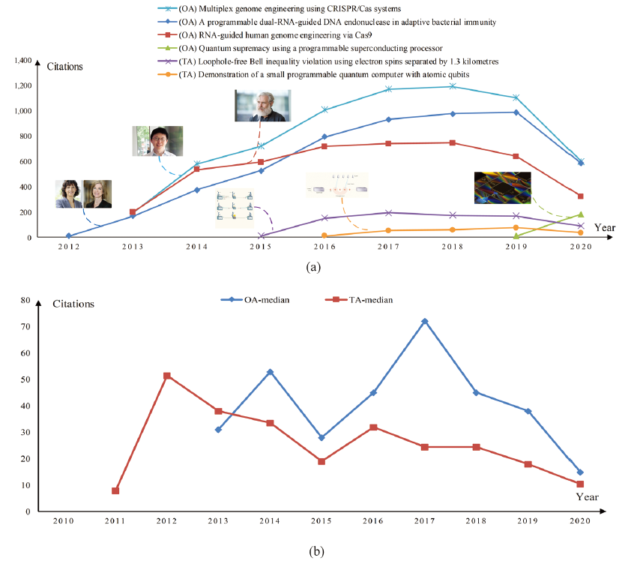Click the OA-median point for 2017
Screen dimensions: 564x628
click(x=424, y=321)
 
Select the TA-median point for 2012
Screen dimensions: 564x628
click(x=166, y=376)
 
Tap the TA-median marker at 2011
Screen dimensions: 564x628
click(x=115, y=490)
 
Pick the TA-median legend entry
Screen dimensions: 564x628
click(x=362, y=299)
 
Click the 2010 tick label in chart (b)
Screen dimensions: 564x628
click(x=63, y=520)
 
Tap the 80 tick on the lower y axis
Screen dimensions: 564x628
click(x=24, y=300)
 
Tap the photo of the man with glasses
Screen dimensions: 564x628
click(x=157, y=141)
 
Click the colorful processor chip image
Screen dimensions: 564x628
click(x=502, y=187)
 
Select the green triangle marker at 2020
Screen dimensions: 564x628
click(x=580, y=214)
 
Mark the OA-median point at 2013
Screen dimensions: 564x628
click(x=218, y=429)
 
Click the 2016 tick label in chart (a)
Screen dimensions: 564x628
click(x=324, y=247)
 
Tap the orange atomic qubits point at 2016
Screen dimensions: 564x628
click(x=324, y=235)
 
